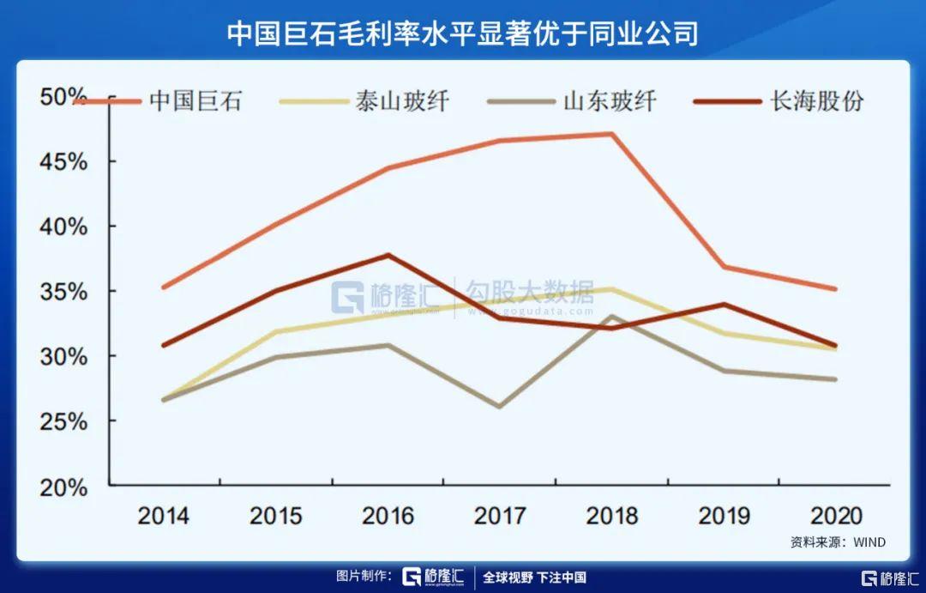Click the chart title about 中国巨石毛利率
coord(462,33)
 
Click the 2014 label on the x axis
coord(164,516)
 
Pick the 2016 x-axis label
coord(388,516)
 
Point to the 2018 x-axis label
coord(612,516)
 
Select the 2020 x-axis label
coord(836,516)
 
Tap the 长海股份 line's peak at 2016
coord(388,255)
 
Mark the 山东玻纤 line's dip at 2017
coord(500,406)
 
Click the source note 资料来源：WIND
coord(838,542)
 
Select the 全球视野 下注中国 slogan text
coord(534,578)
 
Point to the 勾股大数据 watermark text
coord(529,294)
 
